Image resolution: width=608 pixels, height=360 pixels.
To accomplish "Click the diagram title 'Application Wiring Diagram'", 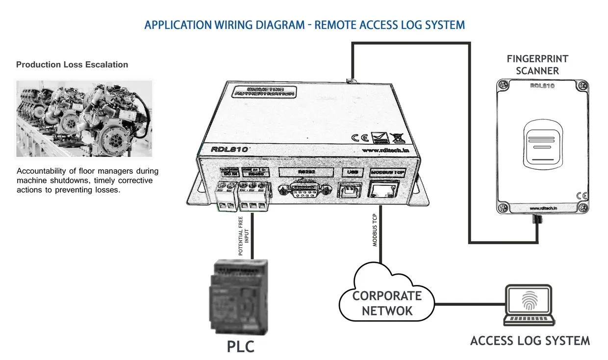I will [304, 25].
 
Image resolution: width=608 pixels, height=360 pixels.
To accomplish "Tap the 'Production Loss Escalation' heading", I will [72, 65].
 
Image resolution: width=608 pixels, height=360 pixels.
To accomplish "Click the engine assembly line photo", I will [84, 119].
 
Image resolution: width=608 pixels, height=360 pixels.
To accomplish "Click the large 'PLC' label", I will [241, 346].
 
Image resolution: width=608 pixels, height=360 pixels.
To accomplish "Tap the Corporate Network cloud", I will [386, 297].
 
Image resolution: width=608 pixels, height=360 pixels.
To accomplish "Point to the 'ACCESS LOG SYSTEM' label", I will [530, 340].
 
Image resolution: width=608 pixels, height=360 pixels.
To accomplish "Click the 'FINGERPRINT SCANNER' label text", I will [537, 65].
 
